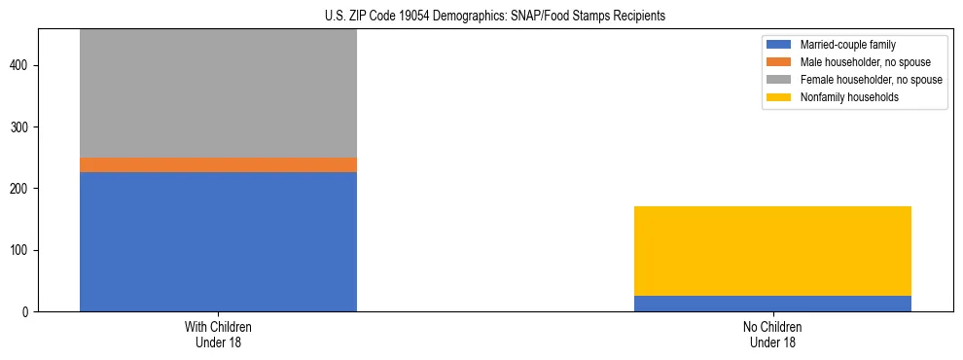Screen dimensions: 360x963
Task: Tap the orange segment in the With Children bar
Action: [218, 164]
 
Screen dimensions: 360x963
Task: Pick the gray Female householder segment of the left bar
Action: [218, 93]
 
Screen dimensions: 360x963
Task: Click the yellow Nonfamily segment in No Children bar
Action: [772, 251]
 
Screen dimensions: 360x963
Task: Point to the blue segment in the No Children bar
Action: [772, 304]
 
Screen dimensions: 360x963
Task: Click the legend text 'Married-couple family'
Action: [848, 45]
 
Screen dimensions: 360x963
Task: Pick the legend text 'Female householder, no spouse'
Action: [871, 80]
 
